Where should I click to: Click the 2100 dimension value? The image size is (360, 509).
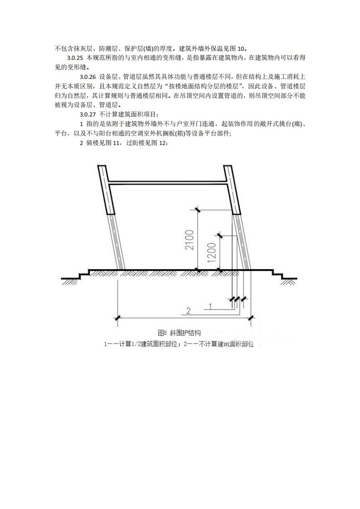190,240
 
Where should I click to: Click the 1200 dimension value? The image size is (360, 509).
211,253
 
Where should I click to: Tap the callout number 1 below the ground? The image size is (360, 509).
210,306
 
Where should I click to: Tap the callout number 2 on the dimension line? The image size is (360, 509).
189,311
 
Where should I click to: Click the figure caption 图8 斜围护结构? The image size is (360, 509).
179,333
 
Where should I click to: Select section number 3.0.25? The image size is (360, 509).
75,58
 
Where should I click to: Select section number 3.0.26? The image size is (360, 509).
88,77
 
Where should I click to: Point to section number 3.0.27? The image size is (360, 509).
88,115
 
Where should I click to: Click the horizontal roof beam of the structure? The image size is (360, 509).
167,183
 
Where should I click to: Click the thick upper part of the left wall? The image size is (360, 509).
107,190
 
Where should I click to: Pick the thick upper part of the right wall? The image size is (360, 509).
232,190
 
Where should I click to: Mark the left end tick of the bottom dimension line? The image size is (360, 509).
117,317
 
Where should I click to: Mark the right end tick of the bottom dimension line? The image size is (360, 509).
251,317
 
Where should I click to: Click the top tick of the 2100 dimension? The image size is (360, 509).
197,210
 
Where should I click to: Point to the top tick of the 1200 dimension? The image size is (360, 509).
219,235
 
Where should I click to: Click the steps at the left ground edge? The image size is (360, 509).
75,274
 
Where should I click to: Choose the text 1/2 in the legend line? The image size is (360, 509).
136,344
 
